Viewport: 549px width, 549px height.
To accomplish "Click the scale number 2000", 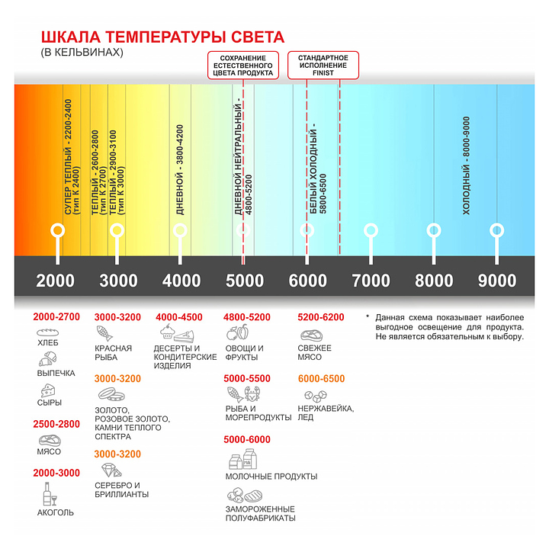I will click(x=56, y=281).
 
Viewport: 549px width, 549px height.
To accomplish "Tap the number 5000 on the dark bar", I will click(x=245, y=281).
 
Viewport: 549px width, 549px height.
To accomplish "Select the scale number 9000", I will click(x=497, y=281).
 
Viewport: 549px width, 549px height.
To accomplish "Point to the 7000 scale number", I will click(x=371, y=281).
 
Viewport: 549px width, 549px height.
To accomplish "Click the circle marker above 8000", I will click(x=434, y=230).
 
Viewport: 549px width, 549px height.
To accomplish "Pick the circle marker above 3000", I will click(x=117, y=230).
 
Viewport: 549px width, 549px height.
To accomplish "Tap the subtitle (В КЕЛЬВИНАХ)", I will click(x=81, y=53).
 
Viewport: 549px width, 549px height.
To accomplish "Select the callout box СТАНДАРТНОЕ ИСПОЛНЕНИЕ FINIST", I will click(x=323, y=66).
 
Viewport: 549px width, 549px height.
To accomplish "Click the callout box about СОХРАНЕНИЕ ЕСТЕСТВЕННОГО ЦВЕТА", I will click(x=243, y=66).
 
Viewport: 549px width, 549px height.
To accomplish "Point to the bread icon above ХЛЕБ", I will click(x=48, y=334).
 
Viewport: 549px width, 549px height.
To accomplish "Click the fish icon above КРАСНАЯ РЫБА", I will click(x=106, y=334).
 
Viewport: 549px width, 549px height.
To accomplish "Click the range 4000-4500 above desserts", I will click(x=179, y=317).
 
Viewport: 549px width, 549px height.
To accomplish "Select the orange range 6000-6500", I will click(x=321, y=379).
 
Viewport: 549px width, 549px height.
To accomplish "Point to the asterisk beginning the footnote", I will click(x=367, y=316).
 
